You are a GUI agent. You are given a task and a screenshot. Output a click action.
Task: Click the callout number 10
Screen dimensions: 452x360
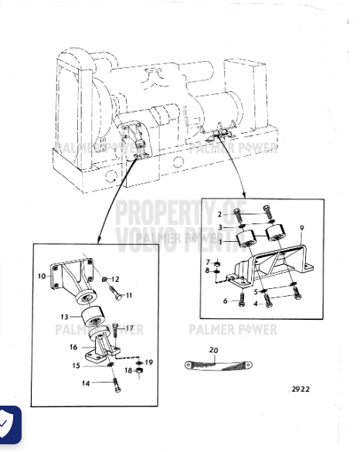[41, 275]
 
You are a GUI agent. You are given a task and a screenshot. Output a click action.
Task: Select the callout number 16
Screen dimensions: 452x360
[73, 347]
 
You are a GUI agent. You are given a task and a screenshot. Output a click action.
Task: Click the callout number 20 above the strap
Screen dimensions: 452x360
[214, 349]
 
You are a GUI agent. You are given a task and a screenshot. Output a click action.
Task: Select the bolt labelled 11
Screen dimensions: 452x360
[113, 294]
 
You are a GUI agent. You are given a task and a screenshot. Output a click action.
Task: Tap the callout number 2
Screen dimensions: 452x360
[220, 213]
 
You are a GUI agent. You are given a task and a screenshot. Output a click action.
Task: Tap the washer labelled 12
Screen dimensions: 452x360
[102, 277]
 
